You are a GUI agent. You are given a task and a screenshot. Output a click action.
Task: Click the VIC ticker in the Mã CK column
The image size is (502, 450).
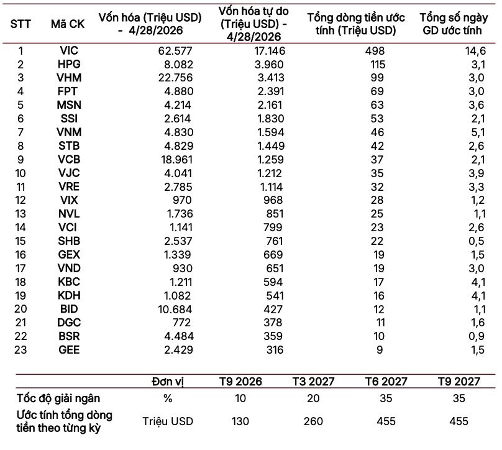click(69, 50)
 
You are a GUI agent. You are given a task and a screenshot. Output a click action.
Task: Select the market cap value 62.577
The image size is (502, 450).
click(175, 51)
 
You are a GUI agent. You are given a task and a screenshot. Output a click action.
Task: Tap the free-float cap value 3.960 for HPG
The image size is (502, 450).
click(269, 65)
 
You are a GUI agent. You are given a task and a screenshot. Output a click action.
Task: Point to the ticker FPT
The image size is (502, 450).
click(67, 91)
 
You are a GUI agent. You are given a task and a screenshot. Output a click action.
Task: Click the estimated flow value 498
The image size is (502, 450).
click(375, 51)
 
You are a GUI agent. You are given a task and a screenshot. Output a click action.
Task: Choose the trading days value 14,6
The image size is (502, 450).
click(475, 51)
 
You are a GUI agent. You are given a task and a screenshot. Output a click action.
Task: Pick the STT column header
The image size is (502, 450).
click(21, 24)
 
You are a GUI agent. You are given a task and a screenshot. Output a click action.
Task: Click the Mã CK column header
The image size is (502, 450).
click(68, 24)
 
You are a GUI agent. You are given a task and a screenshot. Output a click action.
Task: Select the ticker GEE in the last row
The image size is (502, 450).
click(69, 350)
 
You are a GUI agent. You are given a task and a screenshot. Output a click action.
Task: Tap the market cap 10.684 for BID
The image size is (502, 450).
click(175, 310)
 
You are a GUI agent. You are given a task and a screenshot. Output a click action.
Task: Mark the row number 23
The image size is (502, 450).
click(21, 350)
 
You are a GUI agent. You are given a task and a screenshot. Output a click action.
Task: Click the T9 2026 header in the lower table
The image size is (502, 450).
click(240, 382)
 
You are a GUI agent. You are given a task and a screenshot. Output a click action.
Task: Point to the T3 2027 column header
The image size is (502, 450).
click(313, 382)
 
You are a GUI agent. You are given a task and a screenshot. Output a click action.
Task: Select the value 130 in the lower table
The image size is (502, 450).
click(240, 421)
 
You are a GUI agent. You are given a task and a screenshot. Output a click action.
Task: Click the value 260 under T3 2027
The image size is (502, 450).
click(313, 421)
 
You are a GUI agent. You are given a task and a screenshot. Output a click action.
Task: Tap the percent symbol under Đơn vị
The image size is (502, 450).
click(168, 398)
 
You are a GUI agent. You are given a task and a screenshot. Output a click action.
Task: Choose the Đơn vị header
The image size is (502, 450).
click(168, 382)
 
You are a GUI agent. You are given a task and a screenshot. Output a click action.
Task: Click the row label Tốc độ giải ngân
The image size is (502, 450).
click(58, 398)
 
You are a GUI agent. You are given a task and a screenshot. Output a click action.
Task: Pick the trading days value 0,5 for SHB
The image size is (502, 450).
click(477, 241)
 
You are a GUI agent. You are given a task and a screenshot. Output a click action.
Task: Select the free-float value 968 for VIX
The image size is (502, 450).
click(273, 200)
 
